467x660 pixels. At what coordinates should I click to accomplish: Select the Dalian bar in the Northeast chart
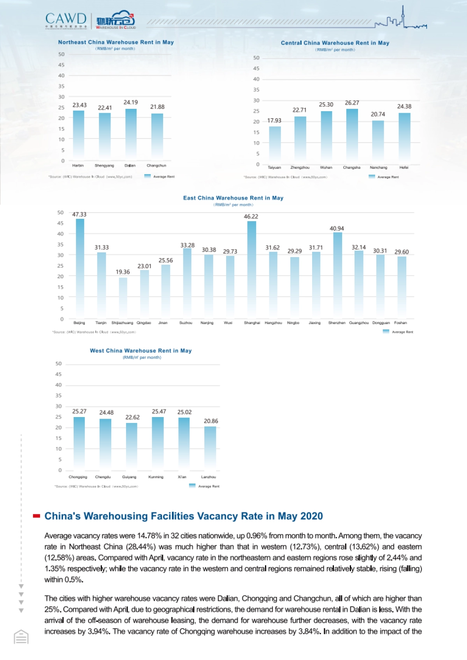click(131, 134)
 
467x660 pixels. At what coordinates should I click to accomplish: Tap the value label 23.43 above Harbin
click(79, 105)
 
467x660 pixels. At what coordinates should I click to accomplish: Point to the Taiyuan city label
click(274, 168)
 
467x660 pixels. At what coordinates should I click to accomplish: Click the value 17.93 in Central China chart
click(274, 120)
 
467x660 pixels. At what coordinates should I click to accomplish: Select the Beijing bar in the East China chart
click(80, 268)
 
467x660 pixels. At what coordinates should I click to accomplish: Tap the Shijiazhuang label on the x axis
click(122, 323)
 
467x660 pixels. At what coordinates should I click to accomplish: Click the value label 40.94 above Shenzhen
click(337, 229)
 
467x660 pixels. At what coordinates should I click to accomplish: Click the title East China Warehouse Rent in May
click(233, 198)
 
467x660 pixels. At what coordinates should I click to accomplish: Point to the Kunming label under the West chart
click(156, 477)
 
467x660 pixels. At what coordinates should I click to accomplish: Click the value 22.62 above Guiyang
click(132, 417)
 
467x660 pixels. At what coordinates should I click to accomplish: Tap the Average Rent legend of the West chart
click(204, 486)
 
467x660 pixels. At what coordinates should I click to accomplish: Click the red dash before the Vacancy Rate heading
click(37, 516)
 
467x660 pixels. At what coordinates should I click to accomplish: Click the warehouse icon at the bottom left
click(21, 637)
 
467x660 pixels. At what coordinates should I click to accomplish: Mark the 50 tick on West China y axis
click(58, 364)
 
